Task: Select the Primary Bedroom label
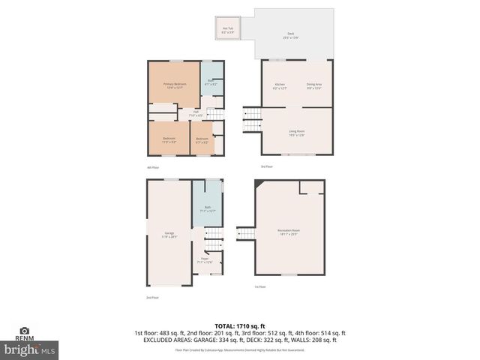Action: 174,85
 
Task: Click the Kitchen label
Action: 280,85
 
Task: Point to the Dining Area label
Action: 314,85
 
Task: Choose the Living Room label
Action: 297,133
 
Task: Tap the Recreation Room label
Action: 289,232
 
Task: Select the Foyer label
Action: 204,261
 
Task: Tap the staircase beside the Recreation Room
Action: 247,235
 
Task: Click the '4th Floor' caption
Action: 153,166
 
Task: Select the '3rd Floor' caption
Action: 266,166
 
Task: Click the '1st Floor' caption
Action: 259,286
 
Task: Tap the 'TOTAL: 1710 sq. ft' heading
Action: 240,325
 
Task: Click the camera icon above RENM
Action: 24,330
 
